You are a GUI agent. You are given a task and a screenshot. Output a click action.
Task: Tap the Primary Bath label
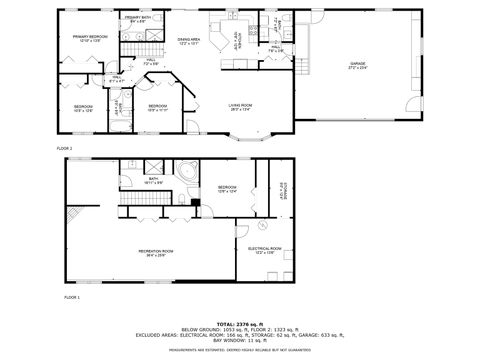[137, 20]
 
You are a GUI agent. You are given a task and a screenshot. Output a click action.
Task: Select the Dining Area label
[190, 41]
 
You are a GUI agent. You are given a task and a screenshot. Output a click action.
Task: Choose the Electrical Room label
[265, 250]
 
